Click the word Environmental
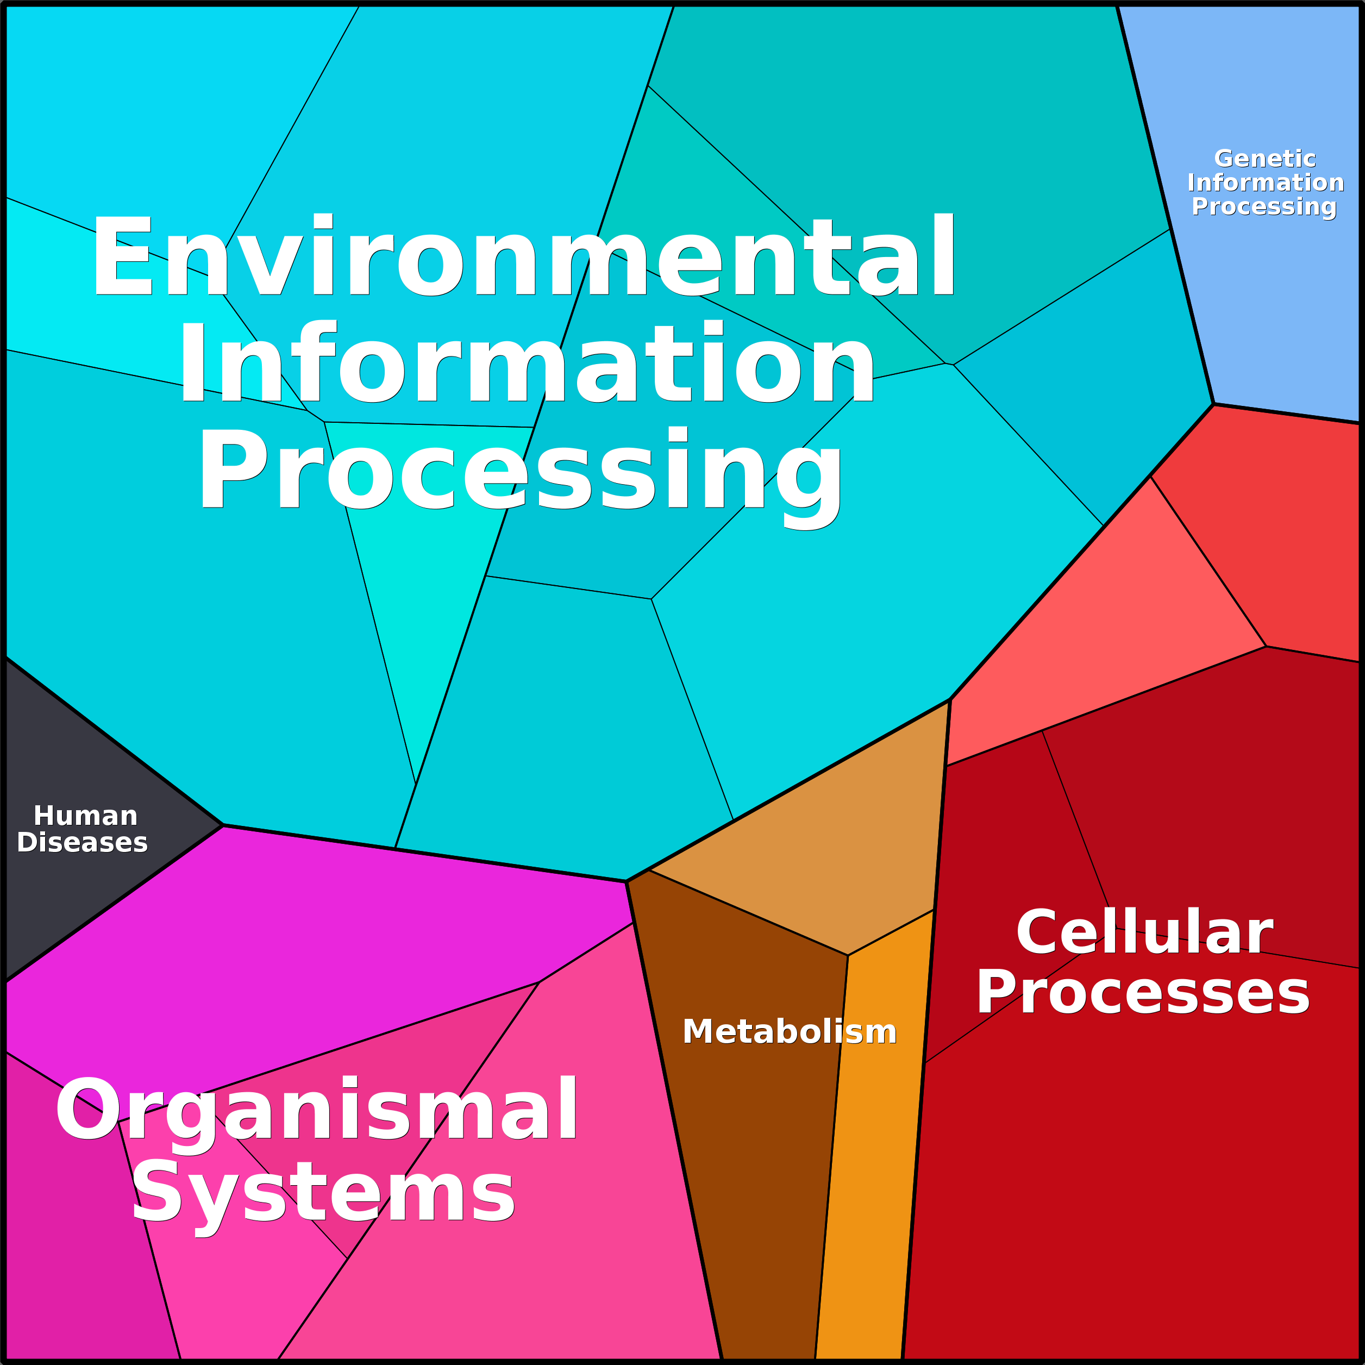pos(523,256)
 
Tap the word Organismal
pos(316,1110)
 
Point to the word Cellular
pos(1144,932)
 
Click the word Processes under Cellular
pos(1142,993)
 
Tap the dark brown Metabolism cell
pos(756,1166)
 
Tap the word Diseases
pos(82,842)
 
